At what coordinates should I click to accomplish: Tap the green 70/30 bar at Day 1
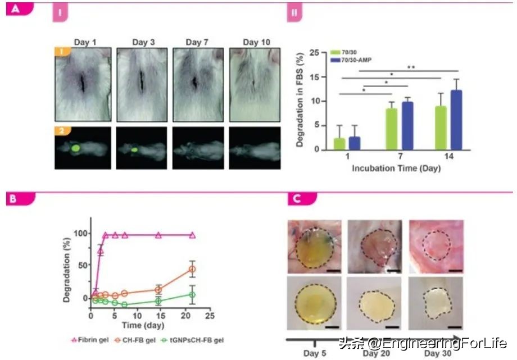point(339,144)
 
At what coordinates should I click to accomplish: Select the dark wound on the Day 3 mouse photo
point(141,84)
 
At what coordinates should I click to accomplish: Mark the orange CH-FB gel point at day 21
point(192,270)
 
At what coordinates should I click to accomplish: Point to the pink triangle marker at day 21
point(192,235)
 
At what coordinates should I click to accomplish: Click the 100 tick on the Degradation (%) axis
point(81,234)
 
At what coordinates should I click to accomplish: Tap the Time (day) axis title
point(140,325)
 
